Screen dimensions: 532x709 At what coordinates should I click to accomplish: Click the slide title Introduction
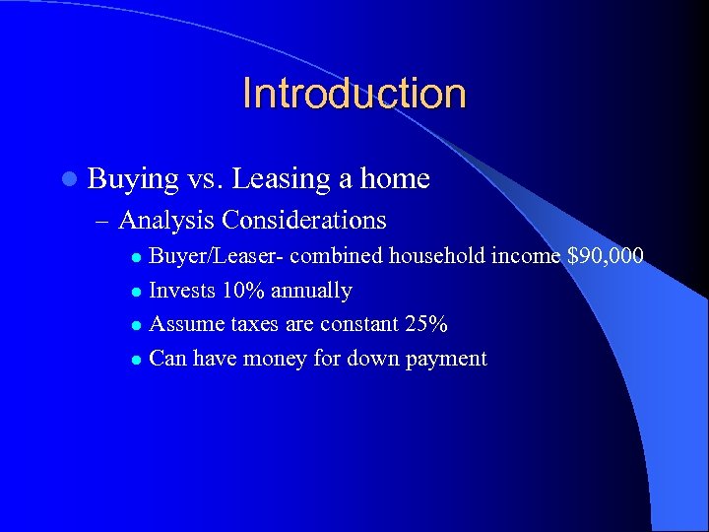pos(354,94)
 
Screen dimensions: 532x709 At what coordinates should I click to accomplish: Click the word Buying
pos(133,179)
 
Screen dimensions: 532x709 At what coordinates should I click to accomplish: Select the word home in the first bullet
pos(395,179)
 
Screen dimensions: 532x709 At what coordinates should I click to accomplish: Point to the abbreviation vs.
pos(207,179)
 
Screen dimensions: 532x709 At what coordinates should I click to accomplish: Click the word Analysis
pos(166,220)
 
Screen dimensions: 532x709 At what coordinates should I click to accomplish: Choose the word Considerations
pos(304,220)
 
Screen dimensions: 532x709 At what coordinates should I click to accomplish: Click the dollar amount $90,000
pos(606,257)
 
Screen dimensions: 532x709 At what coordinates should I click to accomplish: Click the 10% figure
pos(243,291)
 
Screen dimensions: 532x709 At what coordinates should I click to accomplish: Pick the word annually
pos(311,292)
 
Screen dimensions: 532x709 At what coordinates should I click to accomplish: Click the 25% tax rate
pos(428,324)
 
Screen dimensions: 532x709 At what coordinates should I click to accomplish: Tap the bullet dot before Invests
pos(137,292)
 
